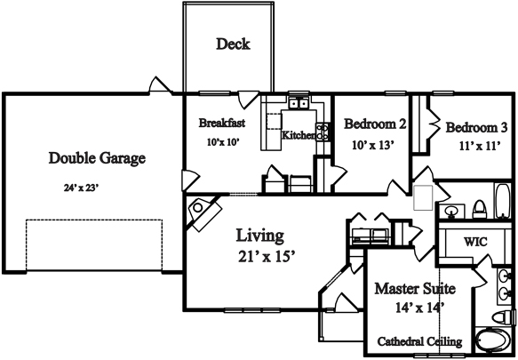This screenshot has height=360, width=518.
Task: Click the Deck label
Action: pos(233,44)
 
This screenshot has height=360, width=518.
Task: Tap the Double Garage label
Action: pos(97,158)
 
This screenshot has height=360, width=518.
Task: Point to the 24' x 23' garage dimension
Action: pos(82,188)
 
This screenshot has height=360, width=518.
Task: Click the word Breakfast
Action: pos(221,123)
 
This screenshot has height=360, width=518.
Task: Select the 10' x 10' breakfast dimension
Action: pos(223,142)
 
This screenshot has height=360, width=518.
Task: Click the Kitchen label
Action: pos(298,135)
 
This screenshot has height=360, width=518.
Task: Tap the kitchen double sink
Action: pos(299,103)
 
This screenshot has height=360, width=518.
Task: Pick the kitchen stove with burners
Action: pos(323,132)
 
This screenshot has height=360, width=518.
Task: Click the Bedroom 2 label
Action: pos(375,124)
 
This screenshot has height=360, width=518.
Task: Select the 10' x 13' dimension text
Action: pos(373,145)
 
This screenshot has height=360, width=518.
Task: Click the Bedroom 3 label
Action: pos(476,128)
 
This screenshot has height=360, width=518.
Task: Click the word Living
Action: pos(260,236)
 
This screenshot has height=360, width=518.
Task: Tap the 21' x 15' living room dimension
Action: pos(267,256)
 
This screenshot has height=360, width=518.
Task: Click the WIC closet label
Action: pos(475,242)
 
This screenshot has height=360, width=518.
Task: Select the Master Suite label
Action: pos(415,289)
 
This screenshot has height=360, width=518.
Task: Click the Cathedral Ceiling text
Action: pos(419,341)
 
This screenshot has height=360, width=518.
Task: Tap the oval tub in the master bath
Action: pos(491,340)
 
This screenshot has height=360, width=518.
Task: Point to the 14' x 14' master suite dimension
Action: pos(419,308)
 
